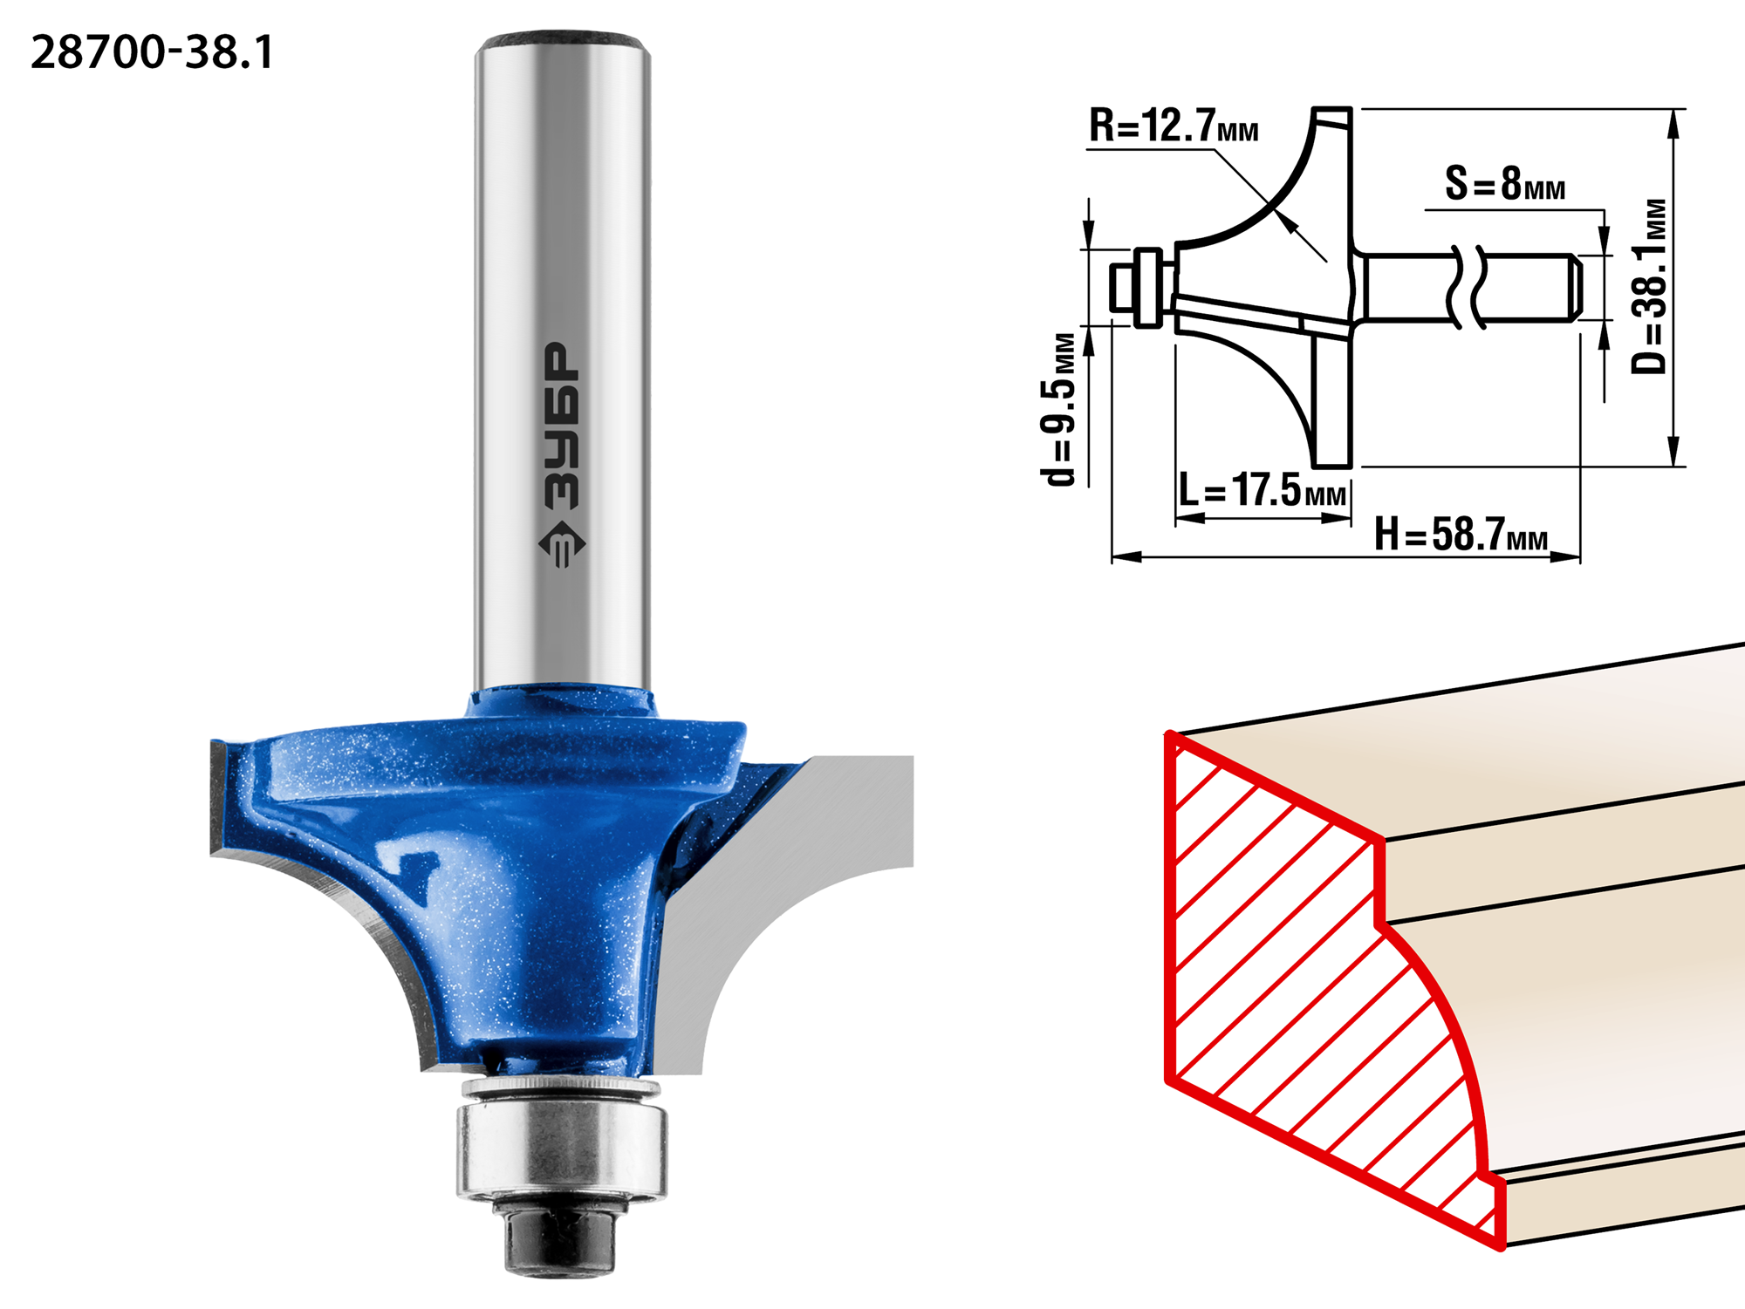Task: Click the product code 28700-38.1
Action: pyautogui.click(x=152, y=52)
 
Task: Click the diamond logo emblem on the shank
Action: pyautogui.click(x=562, y=544)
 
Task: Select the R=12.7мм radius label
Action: pyautogui.click(x=1174, y=126)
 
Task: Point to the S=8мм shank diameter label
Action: pyautogui.click(x=1505, y=184)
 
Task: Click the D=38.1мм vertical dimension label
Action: pyautogui.click(x=1649, y=286)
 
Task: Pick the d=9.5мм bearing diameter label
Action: pyautogui.click(x=1058, y=408)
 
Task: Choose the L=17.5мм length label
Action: pyautogui.click(x=1262, y=489)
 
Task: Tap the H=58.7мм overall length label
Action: pyautogui.click(x=1461, y=534)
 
